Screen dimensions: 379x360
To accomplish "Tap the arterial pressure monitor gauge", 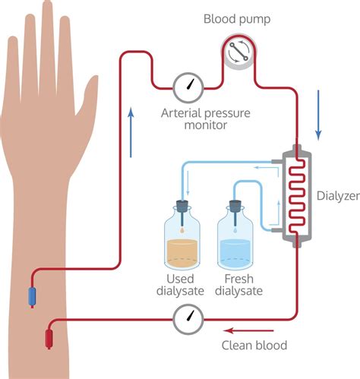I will [188, 89].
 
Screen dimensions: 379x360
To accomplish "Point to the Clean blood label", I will [254, 346].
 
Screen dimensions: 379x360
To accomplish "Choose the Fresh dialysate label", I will [238, 286].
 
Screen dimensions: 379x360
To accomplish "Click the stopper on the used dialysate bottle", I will [185, 205].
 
